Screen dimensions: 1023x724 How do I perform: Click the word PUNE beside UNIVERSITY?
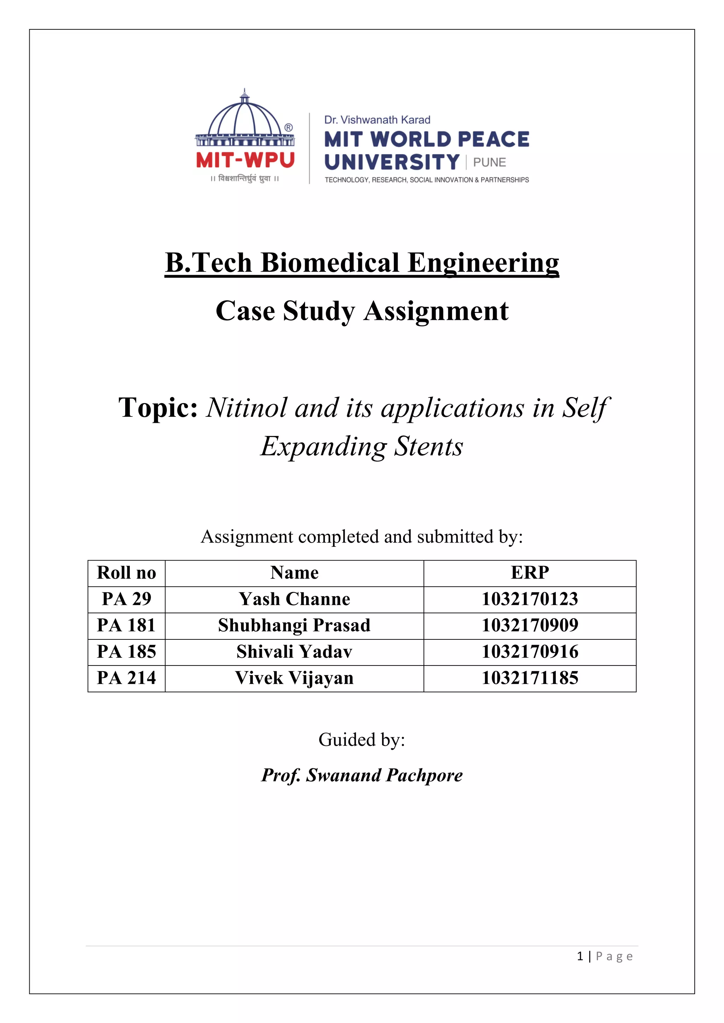tap(490, 162)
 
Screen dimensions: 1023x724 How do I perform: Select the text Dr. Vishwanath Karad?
tap(377, 120)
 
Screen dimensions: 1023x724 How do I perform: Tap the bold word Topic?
tap(158, 407)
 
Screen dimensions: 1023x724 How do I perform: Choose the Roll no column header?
tap(127, 573)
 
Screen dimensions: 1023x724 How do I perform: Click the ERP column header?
tap(530, 573)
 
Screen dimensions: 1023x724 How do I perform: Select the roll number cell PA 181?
tap(127, 626)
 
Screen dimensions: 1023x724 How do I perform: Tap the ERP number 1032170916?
tap(530, 652)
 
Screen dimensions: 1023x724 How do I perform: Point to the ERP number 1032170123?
tap(530, 599)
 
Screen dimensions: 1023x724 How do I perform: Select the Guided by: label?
tap(362, 740)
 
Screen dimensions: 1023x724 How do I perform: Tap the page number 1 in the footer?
tap(580, 956)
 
